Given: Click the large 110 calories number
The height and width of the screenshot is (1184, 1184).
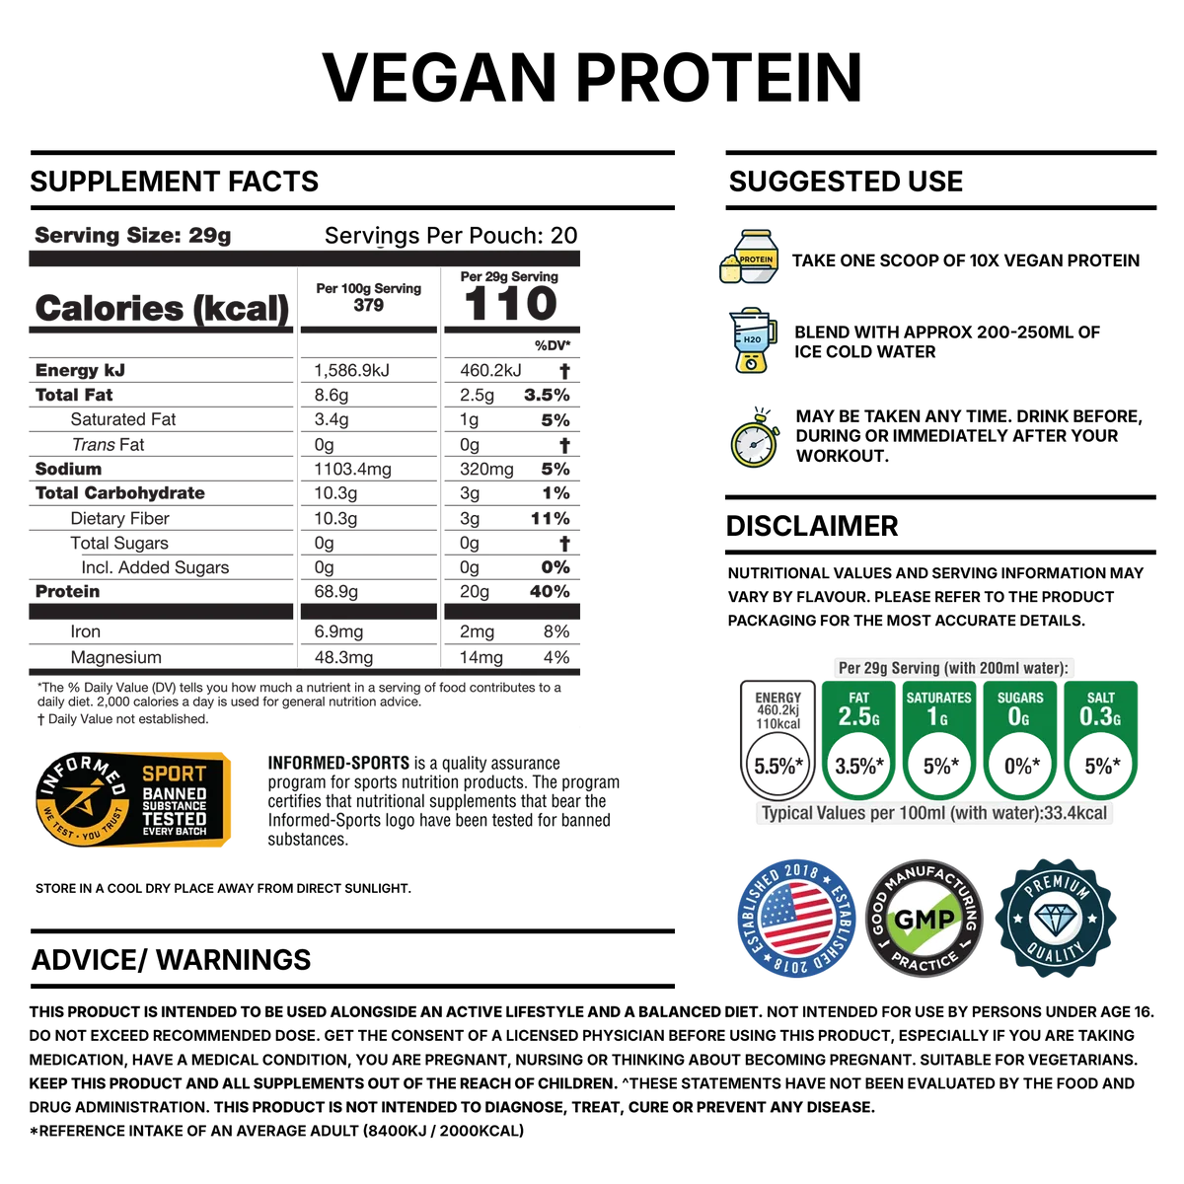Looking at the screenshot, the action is click(x=510, y=304).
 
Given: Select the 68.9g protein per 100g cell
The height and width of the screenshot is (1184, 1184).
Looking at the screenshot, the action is click(x=335, y=592).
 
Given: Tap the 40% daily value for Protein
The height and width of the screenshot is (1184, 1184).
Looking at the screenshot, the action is click(x=550, y=592).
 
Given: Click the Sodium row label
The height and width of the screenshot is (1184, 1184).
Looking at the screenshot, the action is click(x=68, y=469).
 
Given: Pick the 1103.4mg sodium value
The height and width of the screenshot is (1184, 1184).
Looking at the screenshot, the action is click(x=352, y=470).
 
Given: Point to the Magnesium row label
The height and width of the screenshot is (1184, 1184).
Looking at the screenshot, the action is click(x=115, y=657).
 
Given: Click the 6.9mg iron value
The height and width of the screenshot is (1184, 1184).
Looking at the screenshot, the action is click(x=338, y=631).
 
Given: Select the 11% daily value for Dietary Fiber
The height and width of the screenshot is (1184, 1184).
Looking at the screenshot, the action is click(x=550, y=519).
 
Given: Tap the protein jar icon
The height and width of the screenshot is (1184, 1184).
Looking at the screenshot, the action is click(x=750, y=257).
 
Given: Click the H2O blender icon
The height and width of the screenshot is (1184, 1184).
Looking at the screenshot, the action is click(x=752, y=339).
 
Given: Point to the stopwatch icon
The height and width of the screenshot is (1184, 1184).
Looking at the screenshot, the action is click(x=755, y=437).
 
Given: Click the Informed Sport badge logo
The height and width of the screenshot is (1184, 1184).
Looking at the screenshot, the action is click(x=133, y=800).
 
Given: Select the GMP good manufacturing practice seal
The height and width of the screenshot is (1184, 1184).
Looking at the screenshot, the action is click(x=925, y=919).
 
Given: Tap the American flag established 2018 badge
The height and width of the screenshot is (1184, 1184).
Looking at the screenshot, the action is click(x=796, y=919).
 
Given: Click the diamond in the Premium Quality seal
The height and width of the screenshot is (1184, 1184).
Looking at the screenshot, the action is click(x=1056, y=920).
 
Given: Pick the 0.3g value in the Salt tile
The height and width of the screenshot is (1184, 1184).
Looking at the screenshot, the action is click(x=1100, y=716).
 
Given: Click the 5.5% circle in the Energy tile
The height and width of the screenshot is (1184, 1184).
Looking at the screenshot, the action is click(x=778, y=766).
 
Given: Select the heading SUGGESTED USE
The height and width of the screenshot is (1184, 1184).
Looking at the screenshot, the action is click(x=846, y=182).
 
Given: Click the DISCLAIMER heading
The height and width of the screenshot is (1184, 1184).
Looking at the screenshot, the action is click(x=812, y=526).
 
